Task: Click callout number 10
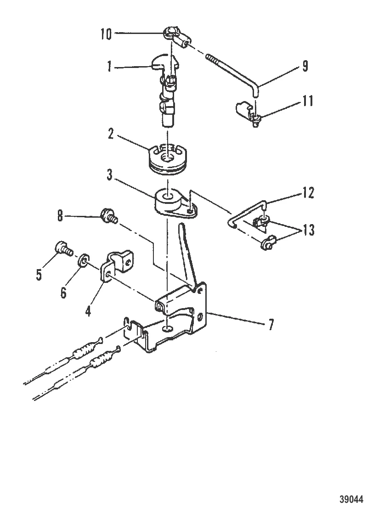(x=106, y=34)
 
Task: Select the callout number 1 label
(x=109, y=67)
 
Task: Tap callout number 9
(x=305, y=67)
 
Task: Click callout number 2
(x=111, y=135)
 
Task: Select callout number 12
(x=308, y=193)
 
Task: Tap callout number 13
(x=308, y=230)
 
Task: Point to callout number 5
(x=39, y=275)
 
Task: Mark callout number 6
(x=63, y=292)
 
